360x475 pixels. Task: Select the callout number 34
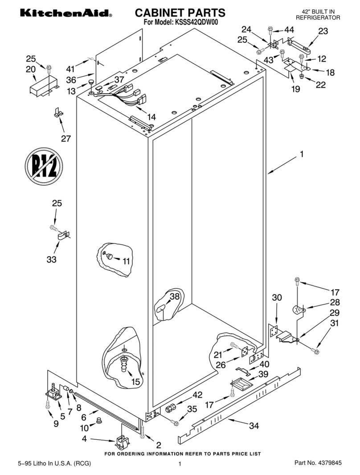[254, 426]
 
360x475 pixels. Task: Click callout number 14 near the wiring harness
[151, 117]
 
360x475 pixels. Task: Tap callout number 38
[175, 296]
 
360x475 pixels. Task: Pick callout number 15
[135, 382]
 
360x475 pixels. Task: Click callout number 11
[127, 261]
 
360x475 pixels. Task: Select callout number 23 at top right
[323, 31]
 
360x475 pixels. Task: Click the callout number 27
[66, 139]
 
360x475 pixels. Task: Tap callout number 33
[52, 259]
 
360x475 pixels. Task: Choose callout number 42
[197, 395]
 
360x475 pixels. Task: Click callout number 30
[277, 297]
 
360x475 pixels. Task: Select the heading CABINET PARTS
[180, 12]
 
